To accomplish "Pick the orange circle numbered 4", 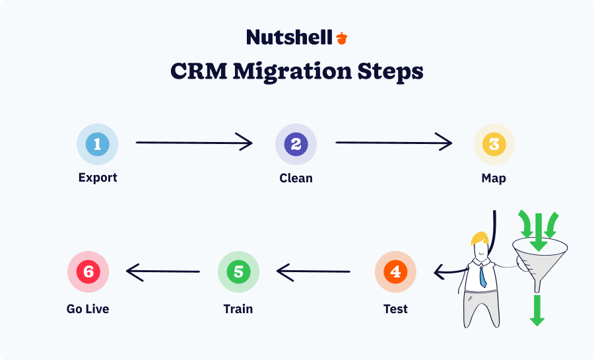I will [x=395, y=271].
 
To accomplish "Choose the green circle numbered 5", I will [x=239, y=271].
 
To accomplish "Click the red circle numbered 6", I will [x=88, y=271].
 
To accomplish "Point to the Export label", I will [x=98, y=178].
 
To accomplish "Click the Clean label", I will [x=296, y=178].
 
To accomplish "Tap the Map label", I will [x=494, y=178].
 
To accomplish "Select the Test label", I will [x=395, y=308].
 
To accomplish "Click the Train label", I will [x=238, y=308].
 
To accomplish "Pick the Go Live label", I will [x=88, y=308].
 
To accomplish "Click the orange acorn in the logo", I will [x=341, y=38].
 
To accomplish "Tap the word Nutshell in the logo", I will [x=289, y=37].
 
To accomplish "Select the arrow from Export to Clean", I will [x=194, y=142].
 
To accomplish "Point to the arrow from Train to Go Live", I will [x=163, y=271].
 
